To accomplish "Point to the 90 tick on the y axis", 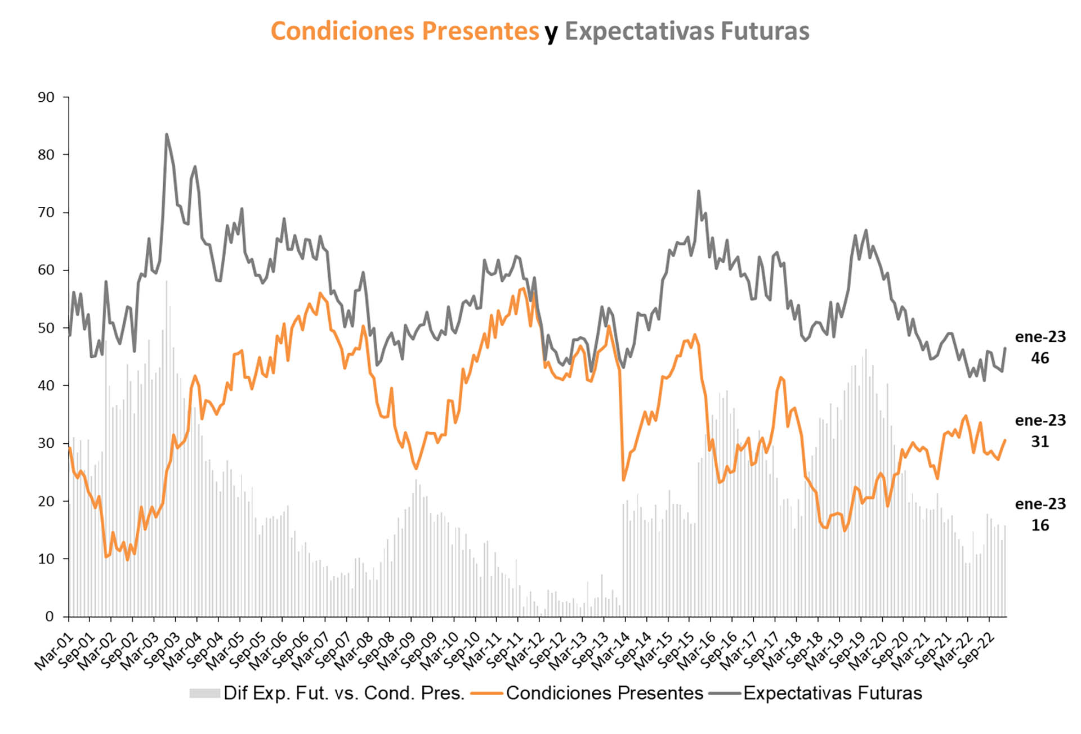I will (46, 97).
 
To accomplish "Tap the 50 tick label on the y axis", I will (46, 328).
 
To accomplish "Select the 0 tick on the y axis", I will (50, 616).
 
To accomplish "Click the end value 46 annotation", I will (1039, 358).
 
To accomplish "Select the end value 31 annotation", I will (1039, 442).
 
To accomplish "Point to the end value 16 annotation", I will (1039, 525).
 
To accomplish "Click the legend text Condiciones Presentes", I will (604, 693).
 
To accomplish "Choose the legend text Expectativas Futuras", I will (832, 693).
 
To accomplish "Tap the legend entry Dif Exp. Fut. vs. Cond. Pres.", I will (343, 693).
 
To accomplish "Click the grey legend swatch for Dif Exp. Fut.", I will (204, 693).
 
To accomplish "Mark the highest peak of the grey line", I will (166, 134).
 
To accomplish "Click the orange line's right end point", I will (1005, 440).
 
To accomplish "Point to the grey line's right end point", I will (1005, 348).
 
